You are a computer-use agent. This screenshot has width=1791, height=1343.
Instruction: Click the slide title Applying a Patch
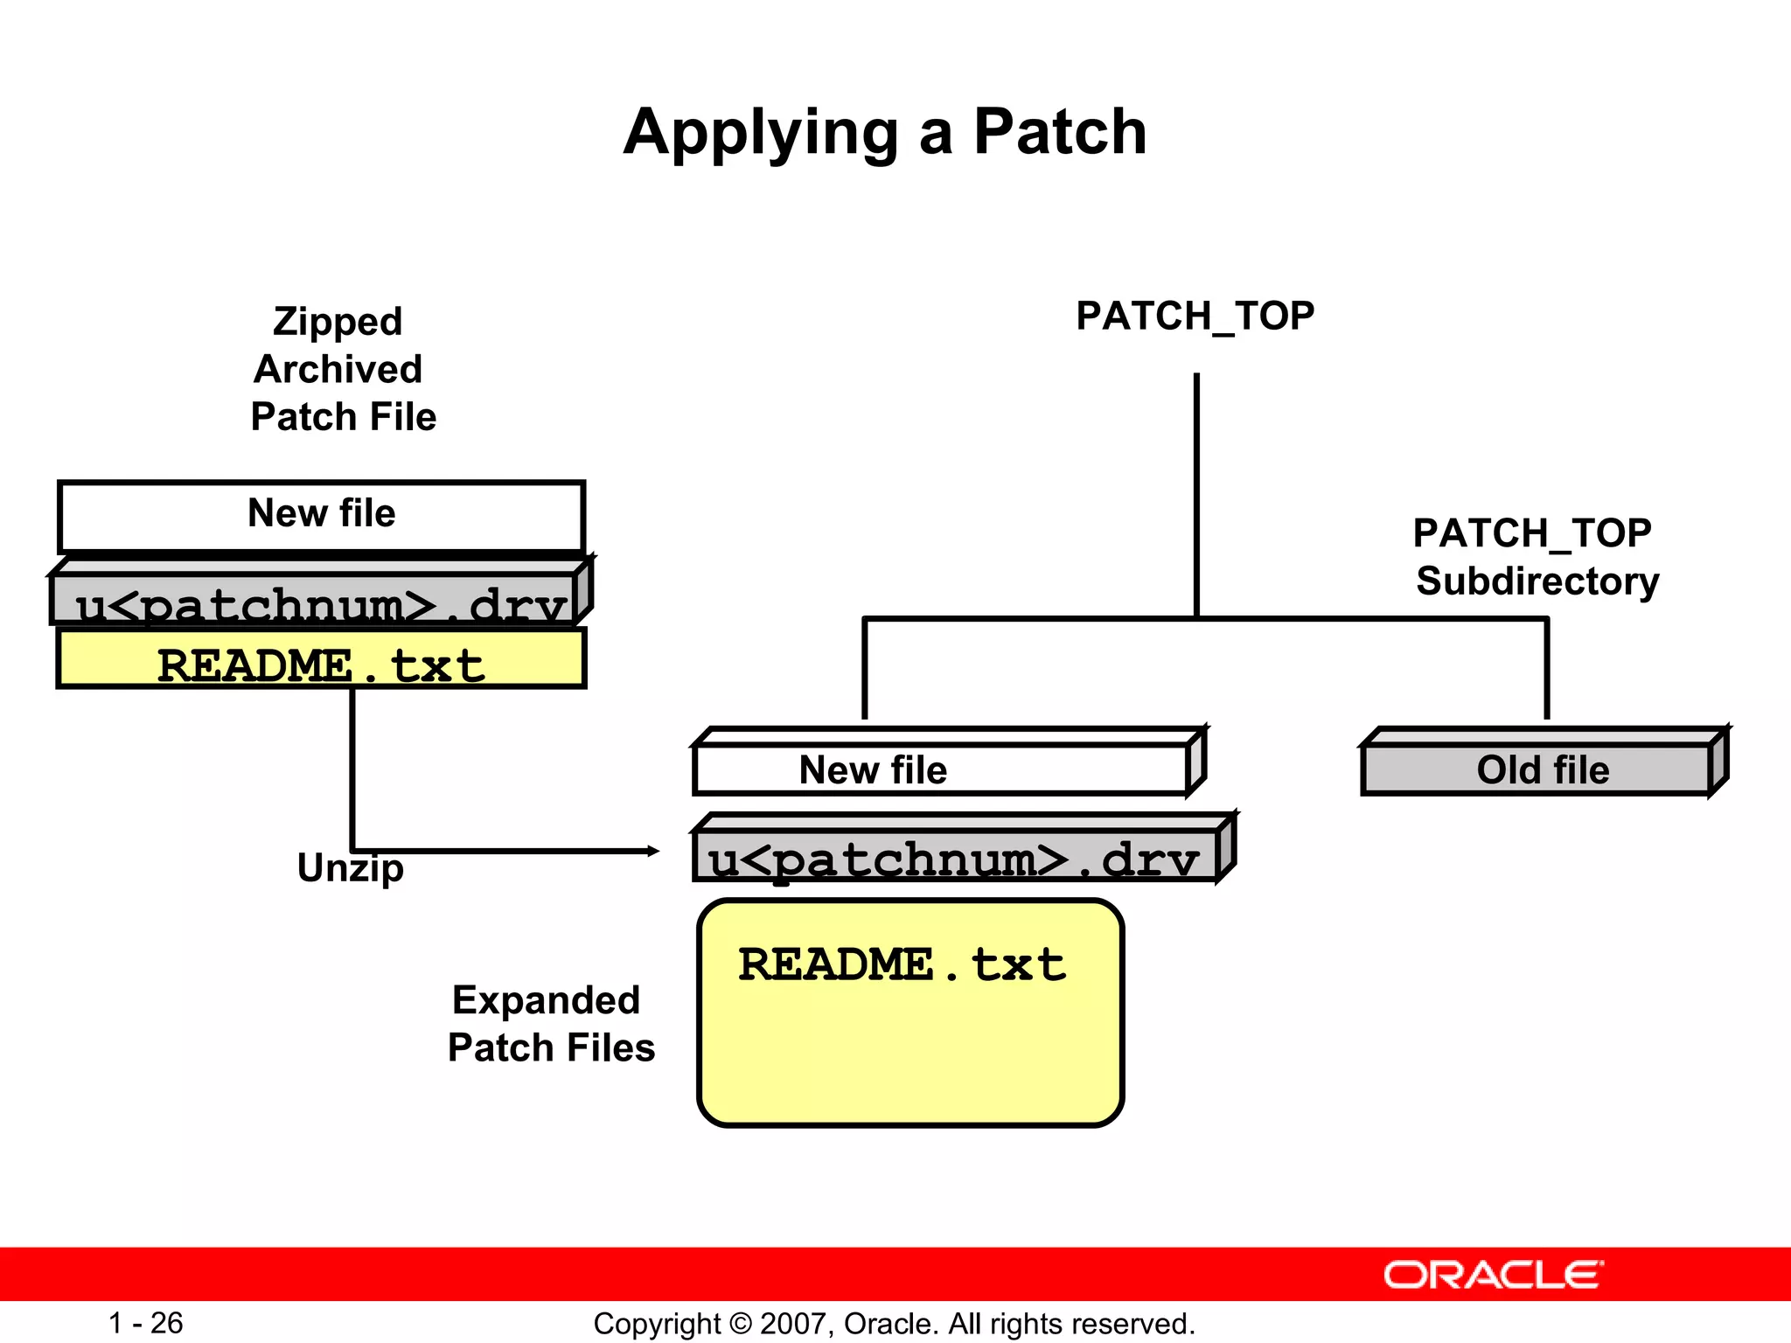[885, 133]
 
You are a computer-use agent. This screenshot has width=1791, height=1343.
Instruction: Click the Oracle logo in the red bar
[1493, 1275]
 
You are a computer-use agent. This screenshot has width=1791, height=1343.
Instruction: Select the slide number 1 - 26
[145, 1323]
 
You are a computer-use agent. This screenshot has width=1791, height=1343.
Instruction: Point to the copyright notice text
[894, 1324]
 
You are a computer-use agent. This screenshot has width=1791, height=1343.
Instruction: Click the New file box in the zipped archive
[321, 516]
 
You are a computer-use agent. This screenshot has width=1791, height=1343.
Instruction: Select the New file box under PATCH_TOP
[940, 769]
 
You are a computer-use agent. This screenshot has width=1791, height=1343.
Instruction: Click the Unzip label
[350, 868]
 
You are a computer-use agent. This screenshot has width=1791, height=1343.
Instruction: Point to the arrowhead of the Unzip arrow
[653, 851]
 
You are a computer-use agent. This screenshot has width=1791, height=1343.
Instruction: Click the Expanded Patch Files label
[550, 1023]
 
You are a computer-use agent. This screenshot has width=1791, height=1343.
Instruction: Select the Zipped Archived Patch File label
[341, 369]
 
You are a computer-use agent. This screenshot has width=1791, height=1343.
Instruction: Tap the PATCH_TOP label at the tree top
[1195, 317]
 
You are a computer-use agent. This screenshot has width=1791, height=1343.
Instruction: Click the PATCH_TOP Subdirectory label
[1536, 557]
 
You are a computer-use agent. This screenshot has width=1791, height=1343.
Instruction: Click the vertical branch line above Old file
[1546, 669]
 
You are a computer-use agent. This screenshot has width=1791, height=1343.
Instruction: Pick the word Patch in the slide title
[1059, 133]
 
